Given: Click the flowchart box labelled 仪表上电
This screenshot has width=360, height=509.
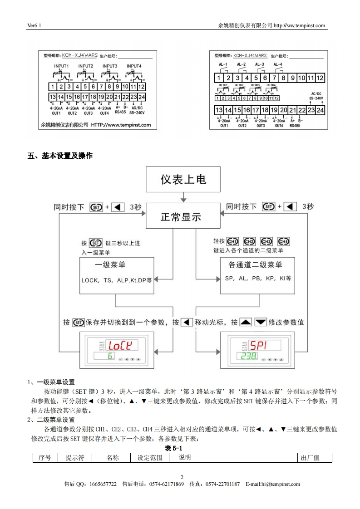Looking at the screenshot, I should (x=183, y=179).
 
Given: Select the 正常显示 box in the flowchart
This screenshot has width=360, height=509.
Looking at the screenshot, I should (x=181, y=217).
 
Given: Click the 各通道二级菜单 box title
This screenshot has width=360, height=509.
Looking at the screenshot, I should (x=255, y=265).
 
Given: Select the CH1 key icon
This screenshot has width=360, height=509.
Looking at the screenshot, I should (x=233, y=242).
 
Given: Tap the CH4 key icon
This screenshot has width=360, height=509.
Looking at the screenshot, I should (x=284, y=242).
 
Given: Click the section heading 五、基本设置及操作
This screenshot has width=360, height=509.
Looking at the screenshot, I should (x=60, y=156).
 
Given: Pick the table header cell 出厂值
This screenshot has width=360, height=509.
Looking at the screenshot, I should (x=311, y=458).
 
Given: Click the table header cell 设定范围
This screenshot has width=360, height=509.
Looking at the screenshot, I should (x=150, y=458).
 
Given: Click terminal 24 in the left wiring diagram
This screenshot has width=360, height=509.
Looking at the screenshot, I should (x=142, y=97).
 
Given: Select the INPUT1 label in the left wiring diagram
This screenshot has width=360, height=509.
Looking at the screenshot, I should (x=61, y=66).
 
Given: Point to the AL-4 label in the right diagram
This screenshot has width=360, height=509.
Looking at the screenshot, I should (x=278, y=64).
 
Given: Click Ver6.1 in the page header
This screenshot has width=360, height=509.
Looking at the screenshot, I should (x=35, y=25).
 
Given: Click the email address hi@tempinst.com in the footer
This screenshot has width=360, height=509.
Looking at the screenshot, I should (x=273, y=484).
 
